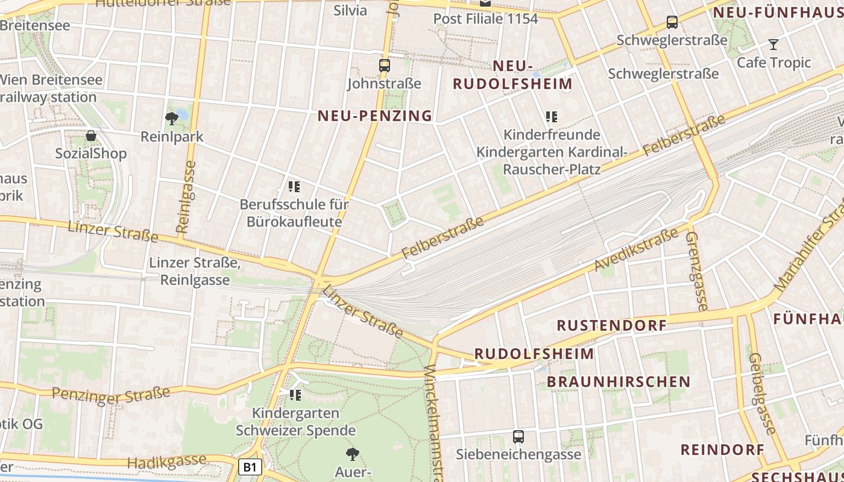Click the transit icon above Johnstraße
(385, 66)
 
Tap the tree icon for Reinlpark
(172, 118)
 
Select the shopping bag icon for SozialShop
(91, 136)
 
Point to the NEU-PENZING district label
(375, 116)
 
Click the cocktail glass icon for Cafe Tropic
(773, 44)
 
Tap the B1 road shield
(250, 467)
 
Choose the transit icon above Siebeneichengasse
(518, 437)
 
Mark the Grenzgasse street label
(696, 271)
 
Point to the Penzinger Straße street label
(111, 395)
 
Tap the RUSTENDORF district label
(611, 326)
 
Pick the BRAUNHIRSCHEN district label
(619, 382)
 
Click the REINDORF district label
(722, 449)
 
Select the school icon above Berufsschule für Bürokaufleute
(294, 187)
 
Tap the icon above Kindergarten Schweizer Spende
(295, 395)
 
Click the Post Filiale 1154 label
(485, 19)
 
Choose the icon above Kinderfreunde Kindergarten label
(552, 116)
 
